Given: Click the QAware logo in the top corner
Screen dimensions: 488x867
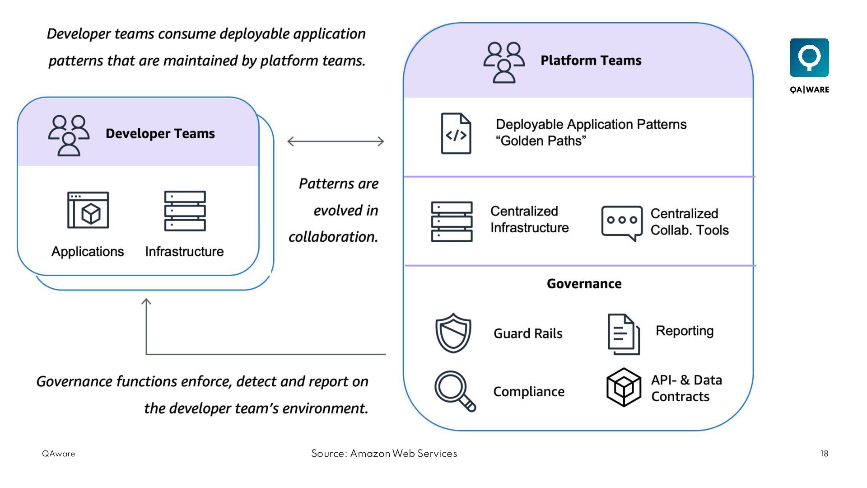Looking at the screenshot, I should tap(809, 58).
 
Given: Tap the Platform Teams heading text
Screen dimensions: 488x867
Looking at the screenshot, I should tap(591, 61).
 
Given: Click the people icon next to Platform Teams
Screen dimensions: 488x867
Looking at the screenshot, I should tap(504, 62).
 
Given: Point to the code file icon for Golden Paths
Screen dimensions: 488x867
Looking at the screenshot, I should tap(456, 134).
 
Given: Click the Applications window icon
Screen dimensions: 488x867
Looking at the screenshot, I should tap(88, 210).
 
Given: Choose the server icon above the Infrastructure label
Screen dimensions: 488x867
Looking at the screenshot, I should tap(185, 211).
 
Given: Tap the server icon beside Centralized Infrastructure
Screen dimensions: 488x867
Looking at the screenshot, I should tap(452, 221).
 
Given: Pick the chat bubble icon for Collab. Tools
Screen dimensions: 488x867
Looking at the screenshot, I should tap(622, 223).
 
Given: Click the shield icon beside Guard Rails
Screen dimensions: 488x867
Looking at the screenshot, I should tap(453, 333).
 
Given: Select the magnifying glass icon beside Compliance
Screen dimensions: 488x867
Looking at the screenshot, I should tap(454, 390).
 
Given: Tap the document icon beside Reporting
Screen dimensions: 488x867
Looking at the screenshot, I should tap(624, 334).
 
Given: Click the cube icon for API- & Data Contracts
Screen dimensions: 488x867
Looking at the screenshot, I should tap(624, 387).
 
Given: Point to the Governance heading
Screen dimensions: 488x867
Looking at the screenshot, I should tap(584, 284).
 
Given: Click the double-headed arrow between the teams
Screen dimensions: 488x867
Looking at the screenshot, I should tap(336, 141).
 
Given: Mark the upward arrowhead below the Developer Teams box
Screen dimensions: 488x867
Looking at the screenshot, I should tap(146, 302).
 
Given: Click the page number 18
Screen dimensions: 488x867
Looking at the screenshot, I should tap(824, 454).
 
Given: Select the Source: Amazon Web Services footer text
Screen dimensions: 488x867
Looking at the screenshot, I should tap(384, 454).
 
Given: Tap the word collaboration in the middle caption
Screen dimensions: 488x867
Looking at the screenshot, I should tap(333, 237).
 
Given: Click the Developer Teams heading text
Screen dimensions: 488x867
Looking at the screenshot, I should tap(160, 134).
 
